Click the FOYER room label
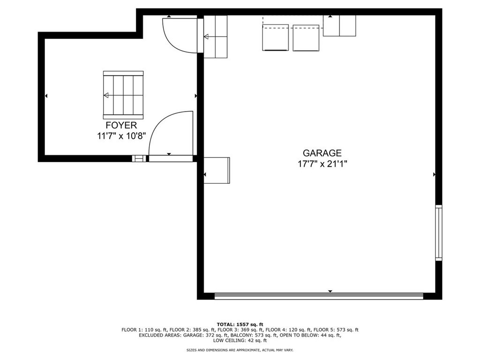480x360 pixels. [121, 125]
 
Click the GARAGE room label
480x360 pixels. [322, 153]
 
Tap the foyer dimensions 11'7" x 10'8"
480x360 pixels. [121, 136]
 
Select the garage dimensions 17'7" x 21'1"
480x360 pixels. [322, 164]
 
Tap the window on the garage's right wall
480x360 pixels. [438, 233]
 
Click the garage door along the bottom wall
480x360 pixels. [319, 296]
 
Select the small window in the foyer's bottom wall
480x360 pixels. [139, 158]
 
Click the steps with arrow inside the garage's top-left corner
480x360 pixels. [216, 37]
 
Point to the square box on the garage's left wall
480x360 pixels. [217, 170]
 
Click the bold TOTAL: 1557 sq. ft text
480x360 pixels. [240, 324]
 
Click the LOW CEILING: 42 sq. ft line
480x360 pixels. [240, 341]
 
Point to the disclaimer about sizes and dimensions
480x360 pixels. [240, 350]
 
